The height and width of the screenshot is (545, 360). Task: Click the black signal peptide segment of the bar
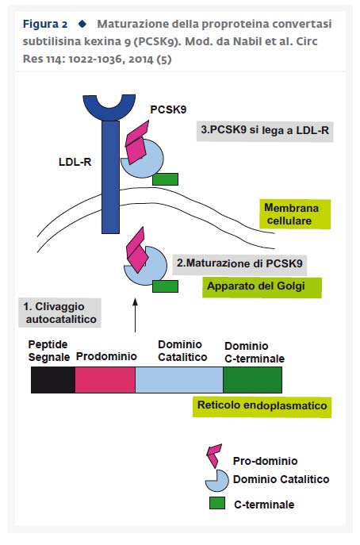tap(53, 380)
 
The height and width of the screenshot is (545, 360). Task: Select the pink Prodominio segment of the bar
tap(105, 380)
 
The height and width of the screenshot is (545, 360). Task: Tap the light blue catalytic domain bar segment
tap(179, 380)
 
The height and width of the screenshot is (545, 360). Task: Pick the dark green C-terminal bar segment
tap(253, 380)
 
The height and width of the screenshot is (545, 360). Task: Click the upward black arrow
tap(135, 315)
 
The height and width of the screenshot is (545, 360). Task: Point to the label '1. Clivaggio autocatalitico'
tap(59, 313)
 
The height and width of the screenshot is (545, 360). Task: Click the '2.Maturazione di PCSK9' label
tap(239, 263)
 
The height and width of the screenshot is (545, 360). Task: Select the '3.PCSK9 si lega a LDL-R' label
tap(265, 131)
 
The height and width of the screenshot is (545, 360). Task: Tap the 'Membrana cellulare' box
tap(295, 214)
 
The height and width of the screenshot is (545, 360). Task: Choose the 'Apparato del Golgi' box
tap(262, 287)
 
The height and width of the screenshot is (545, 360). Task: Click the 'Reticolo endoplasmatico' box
tap(262, 407)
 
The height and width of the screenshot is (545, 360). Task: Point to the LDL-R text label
tap(75, 162)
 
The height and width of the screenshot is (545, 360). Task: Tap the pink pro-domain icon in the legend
tap(214, 455)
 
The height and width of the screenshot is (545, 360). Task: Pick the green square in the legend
tap(217, 503)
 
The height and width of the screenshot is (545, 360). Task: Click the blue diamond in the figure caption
tap(82, 24)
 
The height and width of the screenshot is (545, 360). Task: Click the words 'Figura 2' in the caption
tap(45, 25)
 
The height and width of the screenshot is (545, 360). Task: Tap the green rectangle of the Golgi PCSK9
tap(166, 286)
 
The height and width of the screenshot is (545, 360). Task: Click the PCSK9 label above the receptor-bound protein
tap(168, 109)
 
